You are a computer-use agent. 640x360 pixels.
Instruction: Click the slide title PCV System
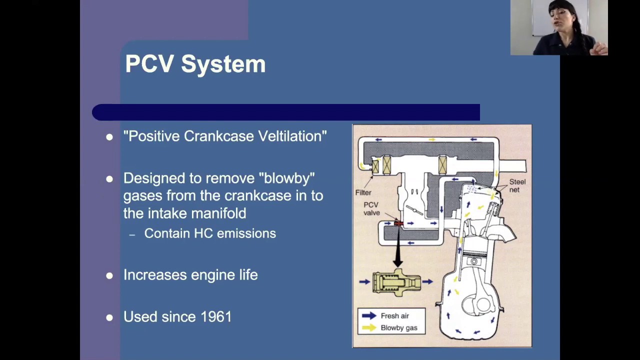[195, 64]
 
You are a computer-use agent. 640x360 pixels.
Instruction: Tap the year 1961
[216, 317]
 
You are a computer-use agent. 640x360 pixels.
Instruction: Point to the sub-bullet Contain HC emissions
[209, 233]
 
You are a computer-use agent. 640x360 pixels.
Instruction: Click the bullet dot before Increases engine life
[109, 275]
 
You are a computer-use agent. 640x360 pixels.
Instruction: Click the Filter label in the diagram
[363, 192]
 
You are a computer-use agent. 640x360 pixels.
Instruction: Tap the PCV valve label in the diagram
[371, 209]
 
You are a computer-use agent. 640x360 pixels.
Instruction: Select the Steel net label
[517, 185]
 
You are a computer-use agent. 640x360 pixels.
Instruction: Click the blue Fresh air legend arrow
[369, 315]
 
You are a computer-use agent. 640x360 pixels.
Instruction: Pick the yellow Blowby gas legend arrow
[369, 328]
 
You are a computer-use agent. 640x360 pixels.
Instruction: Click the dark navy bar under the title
[285, 112]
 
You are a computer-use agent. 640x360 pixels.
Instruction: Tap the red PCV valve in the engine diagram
[398, 223]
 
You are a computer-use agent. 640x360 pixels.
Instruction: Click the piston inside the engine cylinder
[473, 262]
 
